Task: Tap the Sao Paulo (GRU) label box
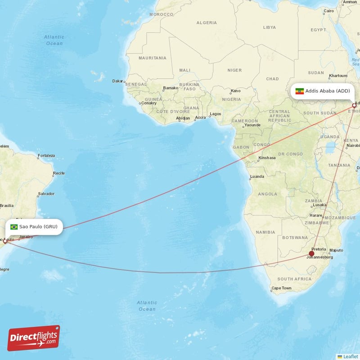click(x=34, y=226)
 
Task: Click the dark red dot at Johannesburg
click(x=311, y=254)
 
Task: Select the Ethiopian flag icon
click(x=299, y=91)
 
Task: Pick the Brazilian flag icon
click(x=14, y=227)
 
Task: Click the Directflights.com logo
click(x=34, y=338)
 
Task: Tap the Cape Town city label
click(x=281, y=288)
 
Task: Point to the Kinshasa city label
click(x=267, y=158)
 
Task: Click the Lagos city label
click(x=216, y=114)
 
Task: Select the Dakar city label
click(x=117, y=81)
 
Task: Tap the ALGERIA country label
click(x=207, y=22)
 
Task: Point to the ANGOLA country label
click(x=267, y=194)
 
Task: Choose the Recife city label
click(x=58, y=173)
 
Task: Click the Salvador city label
click(x=46, y=193)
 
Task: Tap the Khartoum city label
click(x=338, y=76)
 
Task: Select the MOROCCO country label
click(x=161, y=14)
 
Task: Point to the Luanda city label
click(x=257, y=176)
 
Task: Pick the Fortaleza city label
click(x=46, y=156)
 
